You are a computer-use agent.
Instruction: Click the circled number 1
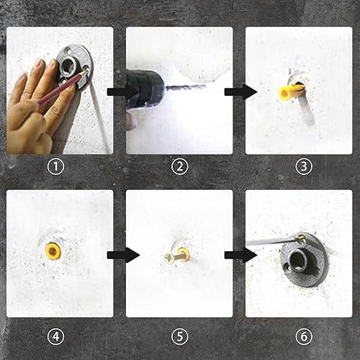[55, 166]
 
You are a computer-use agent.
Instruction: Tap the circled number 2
[180, 166]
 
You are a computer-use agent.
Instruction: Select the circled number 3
[304, 166]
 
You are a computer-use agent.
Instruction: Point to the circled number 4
[55, 336]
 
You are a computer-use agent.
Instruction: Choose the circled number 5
[180, 336]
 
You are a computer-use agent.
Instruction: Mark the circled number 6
[304, 336]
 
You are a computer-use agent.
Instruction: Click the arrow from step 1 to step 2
[123, 91]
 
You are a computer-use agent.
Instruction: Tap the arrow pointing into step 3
[240, 91]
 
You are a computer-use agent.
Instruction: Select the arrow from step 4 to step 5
[123, 255]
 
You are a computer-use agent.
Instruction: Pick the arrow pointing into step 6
[240, 255]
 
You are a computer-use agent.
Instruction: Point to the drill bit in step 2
[186, 88]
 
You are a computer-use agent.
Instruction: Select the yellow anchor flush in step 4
[53, 251]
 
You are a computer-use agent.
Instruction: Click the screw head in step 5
[168, 258]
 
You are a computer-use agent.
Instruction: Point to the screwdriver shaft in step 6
[271, 242]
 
